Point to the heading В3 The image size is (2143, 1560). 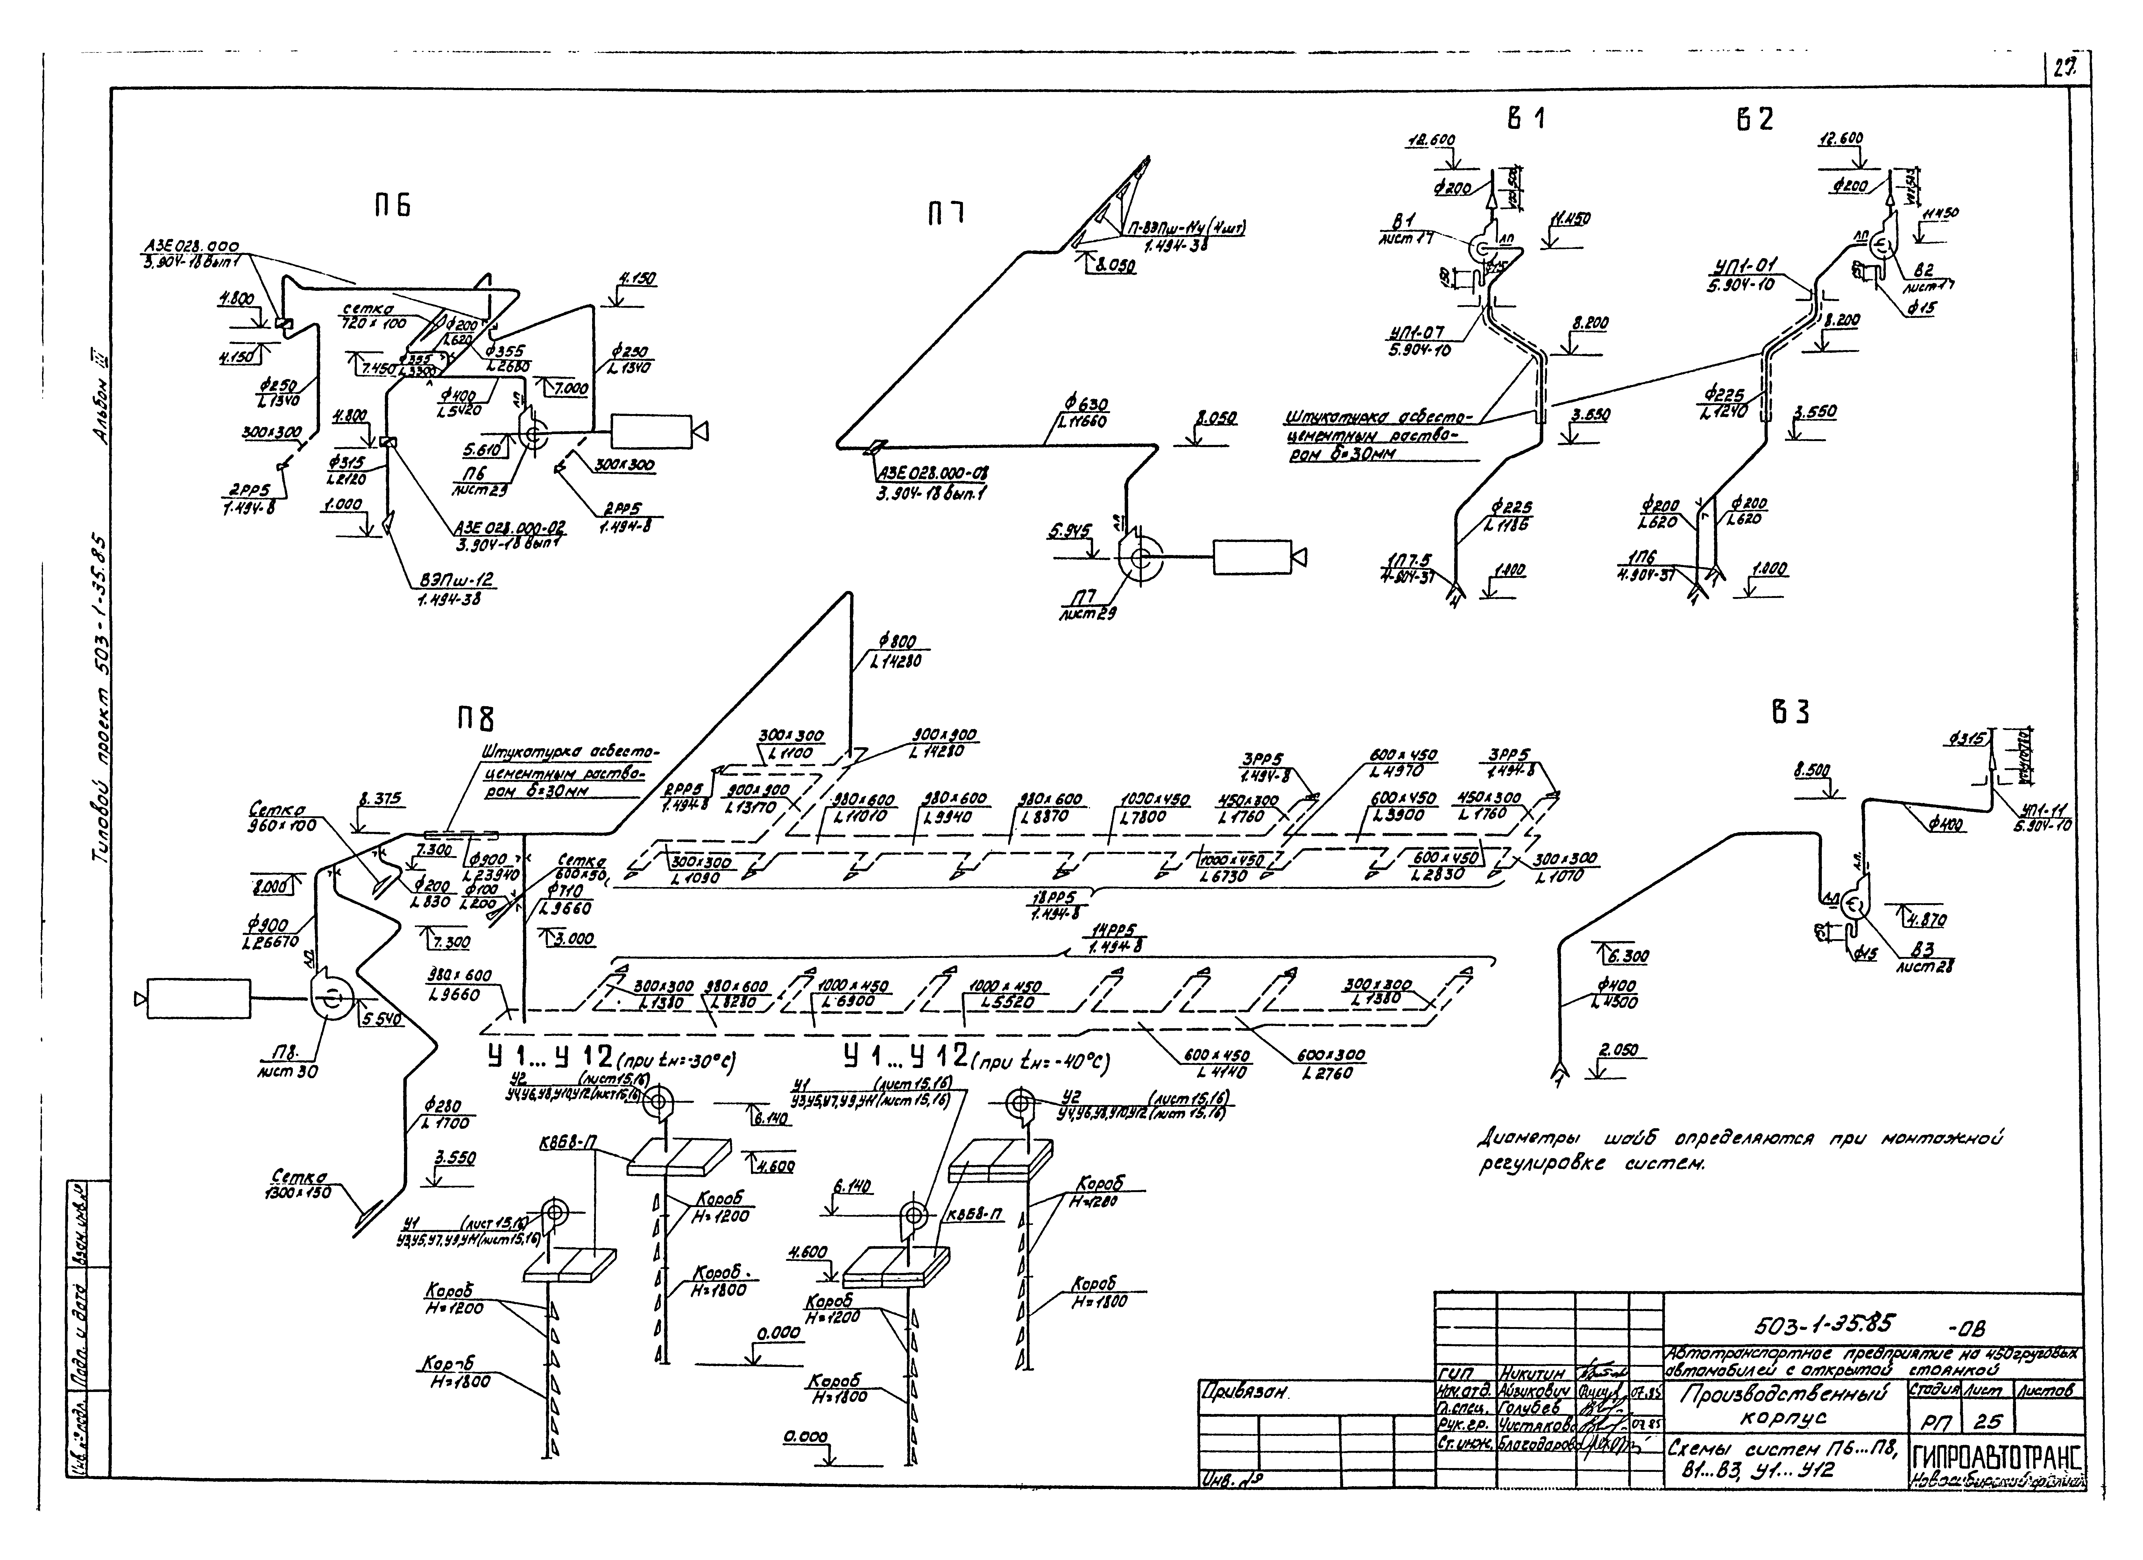(1790, 713)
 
